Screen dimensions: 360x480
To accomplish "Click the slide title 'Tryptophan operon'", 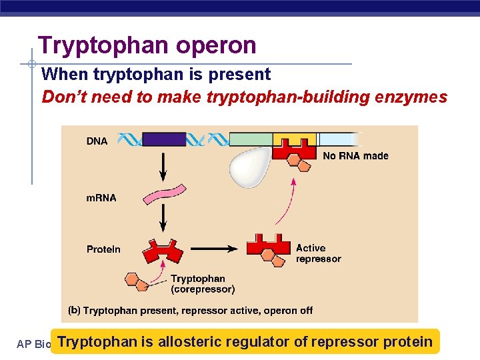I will click(147, 45).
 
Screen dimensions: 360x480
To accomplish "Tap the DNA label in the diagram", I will click(97, 141).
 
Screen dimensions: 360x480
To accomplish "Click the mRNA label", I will click(101, 198).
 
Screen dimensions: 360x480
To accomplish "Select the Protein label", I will click(103, 249).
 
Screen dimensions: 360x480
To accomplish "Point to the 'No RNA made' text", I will click(355, 156).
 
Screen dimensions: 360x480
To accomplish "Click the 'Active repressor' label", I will click(318, 253).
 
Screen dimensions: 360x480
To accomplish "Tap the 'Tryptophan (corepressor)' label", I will click(203, 284).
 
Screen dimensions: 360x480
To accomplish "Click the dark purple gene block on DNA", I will click(164, 139).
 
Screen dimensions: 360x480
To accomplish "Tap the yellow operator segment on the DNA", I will click(294, 140).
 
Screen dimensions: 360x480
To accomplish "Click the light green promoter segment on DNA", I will click(251, 139).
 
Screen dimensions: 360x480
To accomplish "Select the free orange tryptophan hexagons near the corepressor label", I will click(136, 281).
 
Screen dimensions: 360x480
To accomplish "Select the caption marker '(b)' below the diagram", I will click(75, 311).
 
